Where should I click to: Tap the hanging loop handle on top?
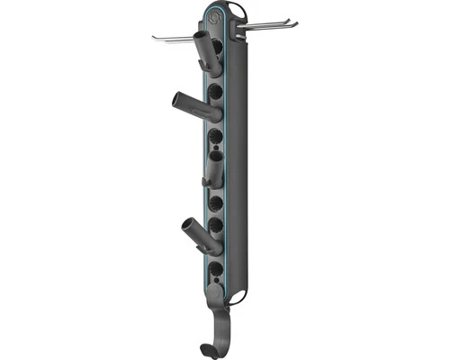[236, 10]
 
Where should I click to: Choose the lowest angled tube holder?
[202, 234]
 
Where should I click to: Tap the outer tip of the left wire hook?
[155, 37]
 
